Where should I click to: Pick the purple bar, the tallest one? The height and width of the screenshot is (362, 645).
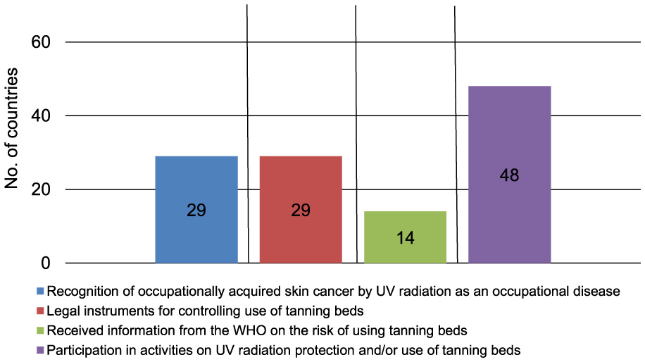[x=509, y=141]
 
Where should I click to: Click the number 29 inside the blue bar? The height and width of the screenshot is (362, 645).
[x=196, y=211]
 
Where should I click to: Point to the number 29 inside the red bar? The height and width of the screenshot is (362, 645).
[x=301, y=211]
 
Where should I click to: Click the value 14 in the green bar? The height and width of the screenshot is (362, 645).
[x=405, y=238]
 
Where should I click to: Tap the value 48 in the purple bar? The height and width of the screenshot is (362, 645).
[x=509, y=175]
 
